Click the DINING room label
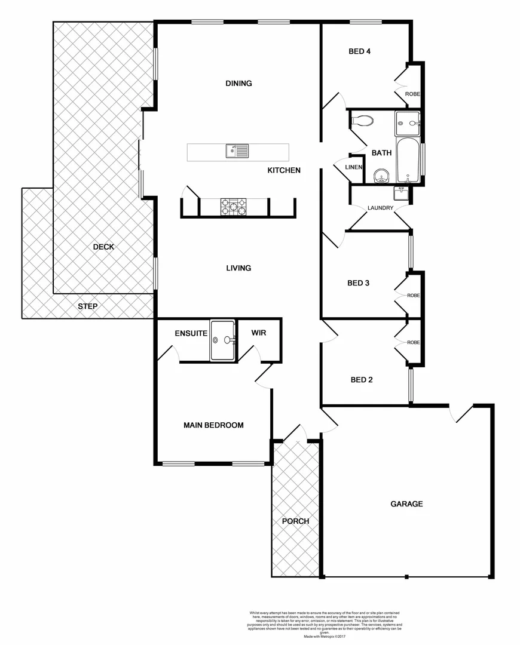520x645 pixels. (x=238, y=84)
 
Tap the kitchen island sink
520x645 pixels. (x=237, y=151)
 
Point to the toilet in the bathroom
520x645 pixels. (x=362, y=121)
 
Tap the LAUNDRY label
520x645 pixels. (x=380, y=208)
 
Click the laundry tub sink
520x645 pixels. (x=400, y=193)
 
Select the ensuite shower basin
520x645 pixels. (x=222, y=340)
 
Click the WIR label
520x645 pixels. (x=258, y=333)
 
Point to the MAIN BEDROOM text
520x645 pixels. (x=213, y=425)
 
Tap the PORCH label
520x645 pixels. (x=295, y=521)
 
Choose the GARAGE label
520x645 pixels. (x=406, y=504)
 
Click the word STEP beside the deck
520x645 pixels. (x=87, y=306)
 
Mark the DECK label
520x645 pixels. (x=103, y=247)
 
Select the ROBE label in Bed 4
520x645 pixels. (x=412, y=94)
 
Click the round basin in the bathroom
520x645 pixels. (x=381, y=176)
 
